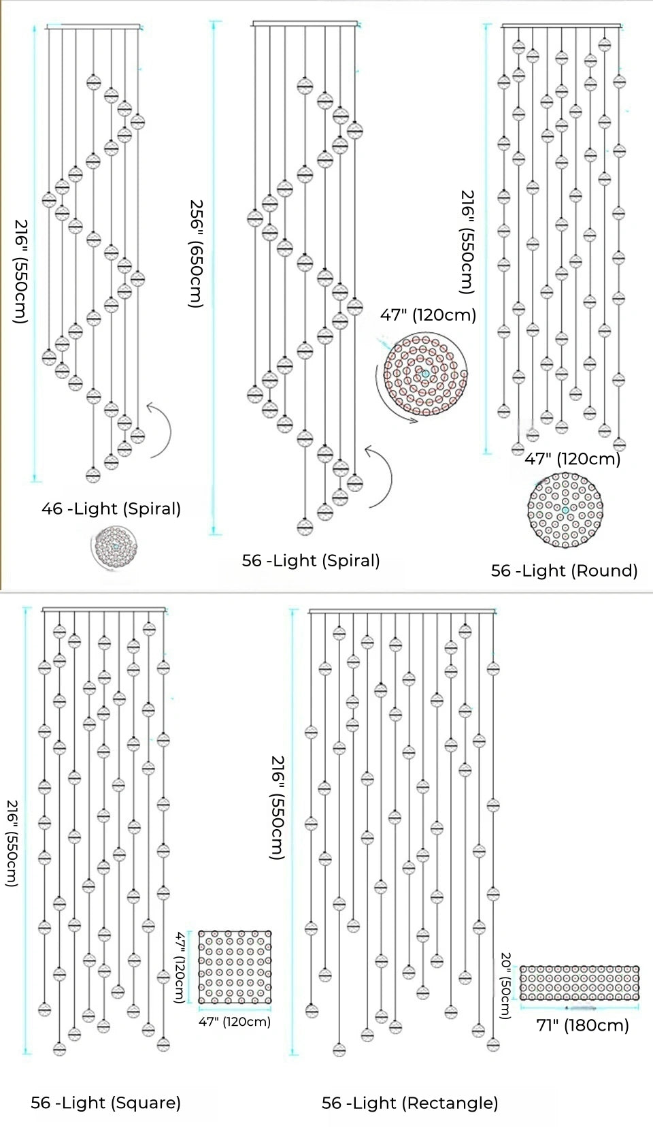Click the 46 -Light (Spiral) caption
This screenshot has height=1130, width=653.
pyautogui.click(x=111, y=508)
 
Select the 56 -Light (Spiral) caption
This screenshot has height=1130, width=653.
pyautogui.click(x=311, y=560)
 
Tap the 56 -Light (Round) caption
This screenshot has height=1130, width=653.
pyautogui.click(x=564, y=570)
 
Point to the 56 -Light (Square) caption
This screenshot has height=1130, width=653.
pyautogui.click(x=105, y=1103)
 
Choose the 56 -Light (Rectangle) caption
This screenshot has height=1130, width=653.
pyautogui.click(x=409, y=1103)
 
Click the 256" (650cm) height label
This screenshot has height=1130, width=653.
pyautogui.click(x=196, y=253)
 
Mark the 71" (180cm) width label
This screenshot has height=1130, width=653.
pyautogui.click(x=582, y=1025)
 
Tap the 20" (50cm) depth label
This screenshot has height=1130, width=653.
pyautogui.click(x=505, y=985)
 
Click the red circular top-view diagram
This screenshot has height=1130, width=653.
pyautogui.click(x=426, y=374)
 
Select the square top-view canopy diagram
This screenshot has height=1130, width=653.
pyautogui.click(x=235, y=967)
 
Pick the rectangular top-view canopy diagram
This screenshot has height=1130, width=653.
pyautogui.click(x=580, y=983)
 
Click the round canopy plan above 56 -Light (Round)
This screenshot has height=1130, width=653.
pyautogui.click(x=565, y=511)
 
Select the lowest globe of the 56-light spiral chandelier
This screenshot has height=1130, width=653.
pyautogui.click(x=305, y=526)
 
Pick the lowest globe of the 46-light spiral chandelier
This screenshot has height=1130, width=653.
pyautogui.click(x=93, y=474)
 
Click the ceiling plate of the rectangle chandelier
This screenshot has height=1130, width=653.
pyautogui.click(x=401, y=611)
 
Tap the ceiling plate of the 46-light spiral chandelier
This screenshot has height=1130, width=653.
pyautogui.click(x=94, y=27)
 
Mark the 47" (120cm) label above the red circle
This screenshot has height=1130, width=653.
pyautogui.click(x=428, y=314)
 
